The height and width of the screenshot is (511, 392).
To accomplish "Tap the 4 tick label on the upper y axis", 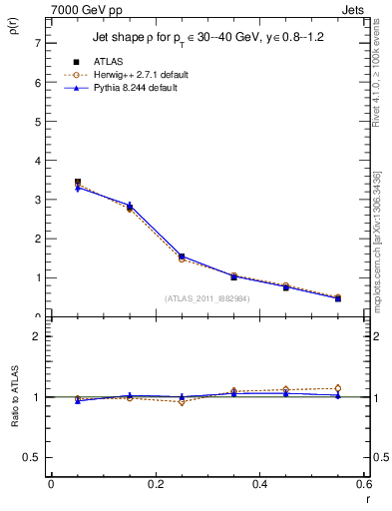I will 37,161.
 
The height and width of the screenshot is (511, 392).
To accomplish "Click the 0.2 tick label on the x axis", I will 155,484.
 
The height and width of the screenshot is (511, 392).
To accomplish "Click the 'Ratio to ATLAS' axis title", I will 14,397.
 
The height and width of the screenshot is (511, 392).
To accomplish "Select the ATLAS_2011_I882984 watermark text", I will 207,297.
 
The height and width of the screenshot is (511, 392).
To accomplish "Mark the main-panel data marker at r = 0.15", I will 130,207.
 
